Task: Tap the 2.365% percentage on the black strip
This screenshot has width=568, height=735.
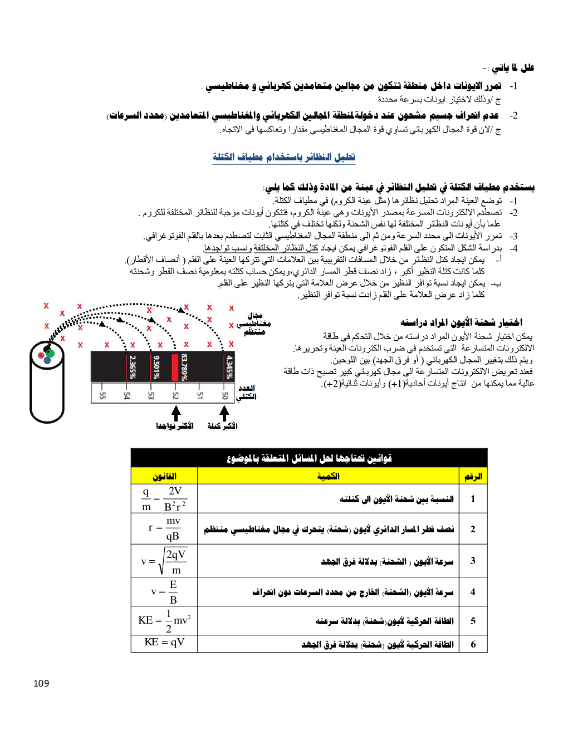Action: pyautogui.click(x=133, y=367)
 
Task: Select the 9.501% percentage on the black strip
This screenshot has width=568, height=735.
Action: pyautogui.click(x=156, y=367)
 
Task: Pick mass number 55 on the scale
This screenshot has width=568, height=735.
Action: pyautogui.click(x=102, y=395)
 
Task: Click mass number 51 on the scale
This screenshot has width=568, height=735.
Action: pyautogui.click(x=200, y=395)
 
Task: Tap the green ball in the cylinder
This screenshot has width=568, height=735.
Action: pyautogui.click(x=50, y=352)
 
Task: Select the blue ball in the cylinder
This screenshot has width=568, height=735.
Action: pyautogui.click(x=47, y=360)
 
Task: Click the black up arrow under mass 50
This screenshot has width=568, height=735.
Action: pyautogui.click(x=224, y=413)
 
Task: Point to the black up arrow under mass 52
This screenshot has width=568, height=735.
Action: pyautogui.click(x=176, y=413)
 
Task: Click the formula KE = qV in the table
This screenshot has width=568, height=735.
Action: pyautogui.click(x=164, y=643)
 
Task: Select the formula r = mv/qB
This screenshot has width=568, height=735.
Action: pyautogui.click(x=164, y=528)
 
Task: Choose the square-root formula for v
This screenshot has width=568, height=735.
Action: pyautogui.click(x=164, y=561)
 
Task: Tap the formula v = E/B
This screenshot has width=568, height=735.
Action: pyautogui.click(x=164, y=592)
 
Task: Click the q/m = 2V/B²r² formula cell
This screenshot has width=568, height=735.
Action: pyautogui.click(x=164, y=498)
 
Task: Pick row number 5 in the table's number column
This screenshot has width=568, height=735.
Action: pyautogui.click(x=473, y=621)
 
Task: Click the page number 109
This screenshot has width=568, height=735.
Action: pyautogui.click(x=41, y=683)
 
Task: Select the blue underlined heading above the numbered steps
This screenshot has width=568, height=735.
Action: pyautogui.click(x=283, y=157)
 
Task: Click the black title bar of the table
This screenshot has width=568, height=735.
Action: pyautogui.click(x=309, y=458)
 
